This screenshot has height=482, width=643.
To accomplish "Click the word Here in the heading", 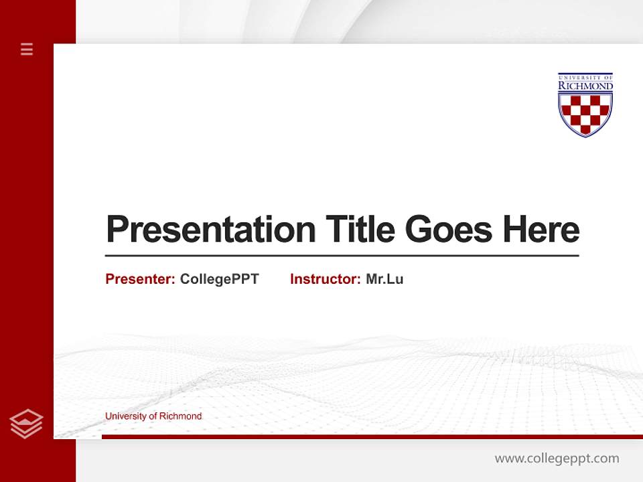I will pos(541,230).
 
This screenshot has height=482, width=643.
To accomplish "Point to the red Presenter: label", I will pos(140,279).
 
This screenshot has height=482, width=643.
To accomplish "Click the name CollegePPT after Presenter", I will pos(219,279).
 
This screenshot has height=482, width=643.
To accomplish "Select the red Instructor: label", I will pos(325,279).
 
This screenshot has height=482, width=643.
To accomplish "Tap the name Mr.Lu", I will pos(384,279).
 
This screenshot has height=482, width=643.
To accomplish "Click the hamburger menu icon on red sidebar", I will pos(27,49).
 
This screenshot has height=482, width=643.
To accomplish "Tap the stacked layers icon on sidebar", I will pos(26,424).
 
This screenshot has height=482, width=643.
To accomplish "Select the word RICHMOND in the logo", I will pos(585,86).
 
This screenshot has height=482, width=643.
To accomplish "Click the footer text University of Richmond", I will pos(153,416).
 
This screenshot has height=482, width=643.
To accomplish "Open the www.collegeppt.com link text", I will pos(557,459).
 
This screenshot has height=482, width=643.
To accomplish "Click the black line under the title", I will pos(342,256).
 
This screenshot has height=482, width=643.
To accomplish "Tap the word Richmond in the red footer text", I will pos(180,416).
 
